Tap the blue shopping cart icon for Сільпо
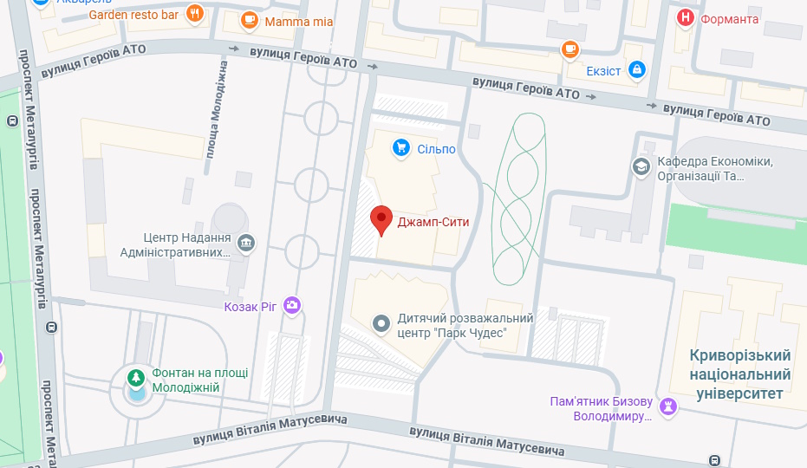point(400,148)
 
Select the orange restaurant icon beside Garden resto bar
point(195,14)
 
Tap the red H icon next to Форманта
point(685,18)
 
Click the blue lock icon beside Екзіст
point(637,69)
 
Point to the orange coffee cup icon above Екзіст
point(569,49)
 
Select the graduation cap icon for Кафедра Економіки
point(641,166)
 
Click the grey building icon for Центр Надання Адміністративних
point(246,244)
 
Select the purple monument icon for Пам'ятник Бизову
point(667,406)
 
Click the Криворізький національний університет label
point(740,374)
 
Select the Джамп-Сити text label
point(433,222)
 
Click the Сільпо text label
point(436,149)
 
